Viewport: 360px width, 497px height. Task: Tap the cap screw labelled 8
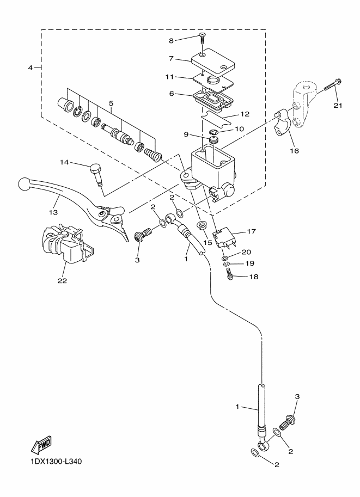tap(202, 36)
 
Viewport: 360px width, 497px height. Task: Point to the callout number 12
tap(244, 115)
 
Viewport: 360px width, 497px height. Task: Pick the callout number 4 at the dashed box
tap(30, 68)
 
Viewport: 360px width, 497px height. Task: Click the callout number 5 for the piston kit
tap(111, 103)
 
